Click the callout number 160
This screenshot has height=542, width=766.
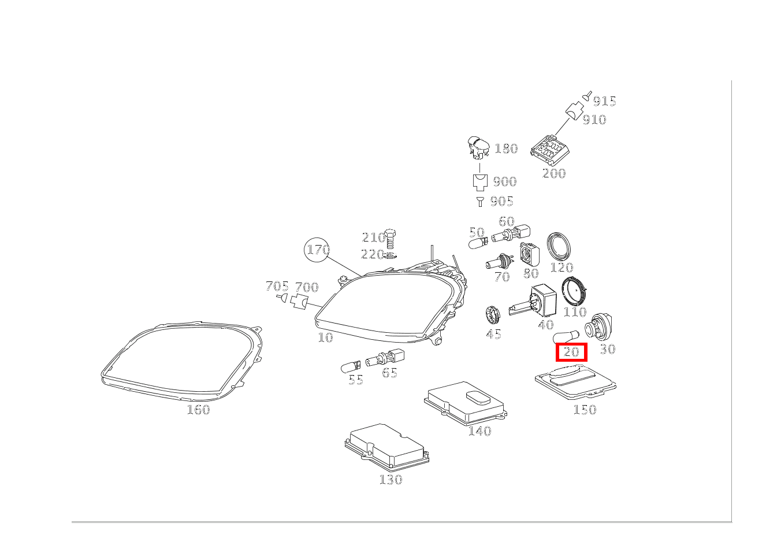198,410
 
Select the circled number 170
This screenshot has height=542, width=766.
317,250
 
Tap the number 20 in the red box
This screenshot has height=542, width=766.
571,352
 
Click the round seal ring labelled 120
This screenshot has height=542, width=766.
560,246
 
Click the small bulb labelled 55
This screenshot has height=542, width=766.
351,365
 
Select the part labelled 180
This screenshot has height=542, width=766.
478,148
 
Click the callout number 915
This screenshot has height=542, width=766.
604,101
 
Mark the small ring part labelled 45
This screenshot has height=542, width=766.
492,315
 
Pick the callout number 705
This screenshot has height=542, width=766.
277,286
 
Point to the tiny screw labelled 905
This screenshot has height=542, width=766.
479,201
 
